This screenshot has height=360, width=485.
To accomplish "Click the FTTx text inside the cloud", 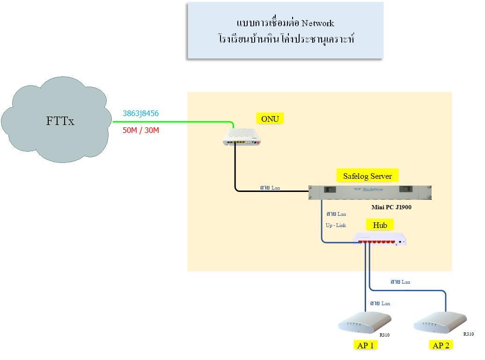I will coord(60,121).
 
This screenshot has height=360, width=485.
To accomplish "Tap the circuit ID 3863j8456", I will coord(140,113).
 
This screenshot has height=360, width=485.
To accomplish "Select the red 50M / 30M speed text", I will coord(140,130).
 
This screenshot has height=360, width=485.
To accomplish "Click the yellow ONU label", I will coord(270,119).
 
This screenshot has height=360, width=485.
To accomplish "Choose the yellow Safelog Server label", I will coord(367,176).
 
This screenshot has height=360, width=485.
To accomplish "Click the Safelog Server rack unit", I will coord(370,192).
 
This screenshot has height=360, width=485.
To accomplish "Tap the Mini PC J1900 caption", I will coord(391,207).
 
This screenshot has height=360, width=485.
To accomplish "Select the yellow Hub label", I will coord(380,225).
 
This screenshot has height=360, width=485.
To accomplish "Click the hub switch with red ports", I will coord(380,239).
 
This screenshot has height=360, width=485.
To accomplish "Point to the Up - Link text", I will coord(336,225).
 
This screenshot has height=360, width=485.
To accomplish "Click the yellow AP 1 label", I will coord(365,345).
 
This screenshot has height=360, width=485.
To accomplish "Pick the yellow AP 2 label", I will coord(441,345).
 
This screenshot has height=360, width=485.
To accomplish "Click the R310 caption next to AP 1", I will coord(384,335).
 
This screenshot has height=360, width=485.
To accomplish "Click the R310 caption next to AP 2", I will coord(469,334).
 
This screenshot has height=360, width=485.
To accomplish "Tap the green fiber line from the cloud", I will coord(173,122).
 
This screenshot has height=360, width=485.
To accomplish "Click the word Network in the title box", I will coord(317,23).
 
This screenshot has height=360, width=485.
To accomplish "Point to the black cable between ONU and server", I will coord(235,169).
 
